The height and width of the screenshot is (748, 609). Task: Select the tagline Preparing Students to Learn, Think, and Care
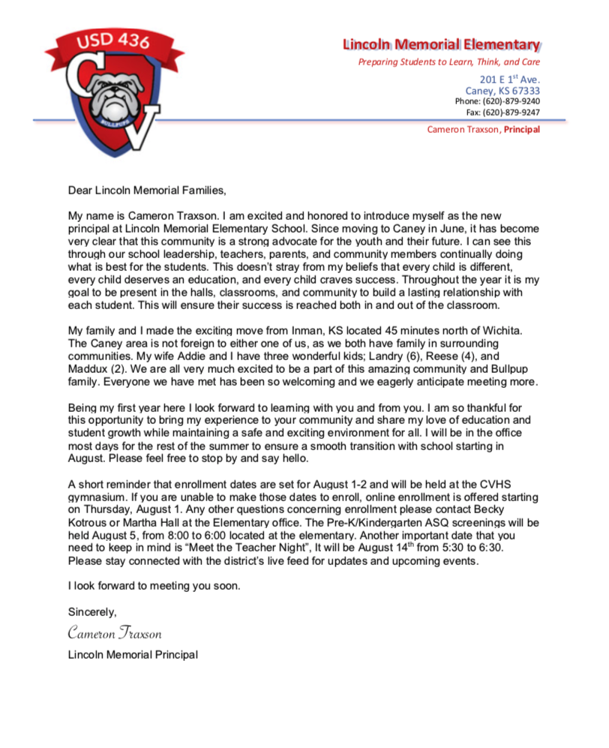pos(448,62)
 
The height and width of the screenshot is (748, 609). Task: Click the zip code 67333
pos(522,91)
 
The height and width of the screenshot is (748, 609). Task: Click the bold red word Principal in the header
pos(521,129)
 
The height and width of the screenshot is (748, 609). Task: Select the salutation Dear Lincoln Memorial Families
pos(146,190)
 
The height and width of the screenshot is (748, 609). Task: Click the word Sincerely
pos(92,612)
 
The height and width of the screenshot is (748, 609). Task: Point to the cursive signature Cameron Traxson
pos(114,633)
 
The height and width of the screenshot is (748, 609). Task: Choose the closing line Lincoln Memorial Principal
pos(133,655)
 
